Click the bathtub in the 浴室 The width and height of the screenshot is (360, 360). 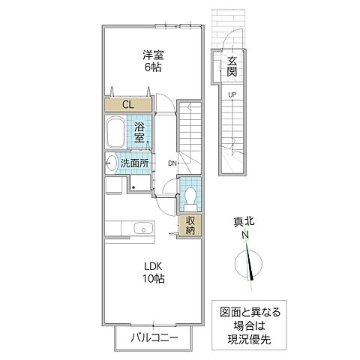[116, 133]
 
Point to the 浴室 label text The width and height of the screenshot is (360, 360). [140, 133]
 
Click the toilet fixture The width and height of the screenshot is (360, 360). [189, 197]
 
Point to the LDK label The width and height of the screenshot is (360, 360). [153, 265]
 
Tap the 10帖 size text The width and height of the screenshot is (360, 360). [153, 279]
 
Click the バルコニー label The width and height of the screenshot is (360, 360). [153, 337]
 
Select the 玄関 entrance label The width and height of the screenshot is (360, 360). [232, 67]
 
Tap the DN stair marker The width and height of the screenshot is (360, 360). [172, 163]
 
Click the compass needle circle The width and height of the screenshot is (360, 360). [249, 265]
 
